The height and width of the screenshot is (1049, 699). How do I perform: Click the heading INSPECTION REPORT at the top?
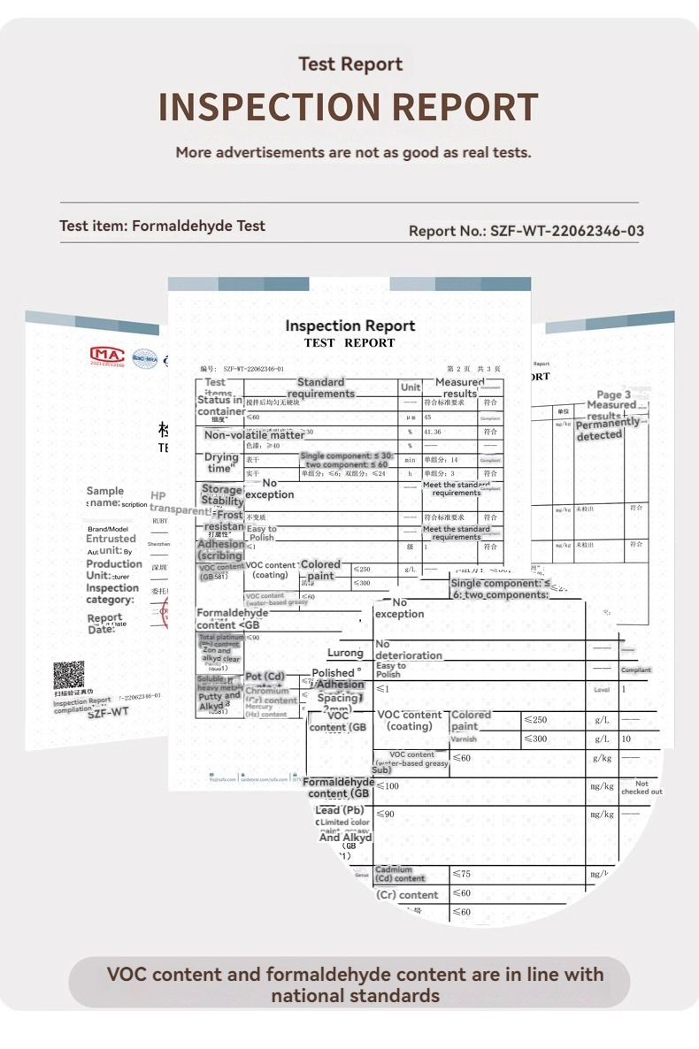pyautogui.click(x=348, y=108)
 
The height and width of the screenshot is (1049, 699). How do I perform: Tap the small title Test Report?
pyautogui.click(x=350, y=64)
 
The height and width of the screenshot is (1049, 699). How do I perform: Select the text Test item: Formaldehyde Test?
pyautogui.click(x=162, y=226)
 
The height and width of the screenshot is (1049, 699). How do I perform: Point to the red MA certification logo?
pyautogui.click(x=108, y=355)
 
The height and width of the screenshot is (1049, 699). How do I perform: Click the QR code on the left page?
pyautogui.click(x=68, y=675)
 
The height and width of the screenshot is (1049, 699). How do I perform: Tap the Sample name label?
pyautogui.click(x=104, y=496)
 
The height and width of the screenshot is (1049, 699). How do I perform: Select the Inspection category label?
pyautogui.click(x=112, y=593)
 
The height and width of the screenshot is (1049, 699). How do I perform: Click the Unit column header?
pyautogui.click(x=411, y=387)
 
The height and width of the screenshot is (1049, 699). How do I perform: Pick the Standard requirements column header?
pyautogui.click(x=320, y=387)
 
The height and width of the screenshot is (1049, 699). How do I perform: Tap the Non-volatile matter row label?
pyautogui.click(x=254, y=435)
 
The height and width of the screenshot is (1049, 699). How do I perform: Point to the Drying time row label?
pyautogui.click(x=221, y=463)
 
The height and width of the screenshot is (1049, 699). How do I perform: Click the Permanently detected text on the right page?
pyautogui.click(x=607, y=429)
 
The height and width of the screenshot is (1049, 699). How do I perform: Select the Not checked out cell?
pyautogui.click(x=641, y=787)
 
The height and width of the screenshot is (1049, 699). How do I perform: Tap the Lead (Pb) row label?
pyautogui.click(x=340, y=810)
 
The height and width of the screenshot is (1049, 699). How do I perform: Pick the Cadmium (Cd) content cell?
pyautogui.click(x=401, y=874)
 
